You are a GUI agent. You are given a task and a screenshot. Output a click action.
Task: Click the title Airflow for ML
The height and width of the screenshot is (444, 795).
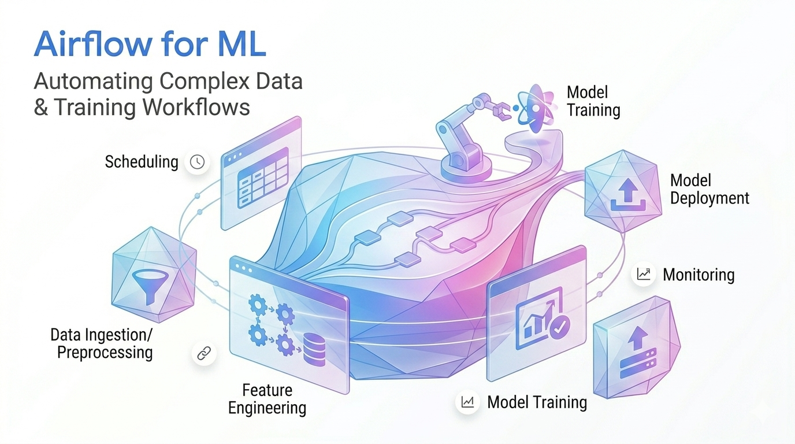(150, 45)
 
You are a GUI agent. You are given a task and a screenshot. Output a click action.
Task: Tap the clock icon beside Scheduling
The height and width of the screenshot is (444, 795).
(197, 162)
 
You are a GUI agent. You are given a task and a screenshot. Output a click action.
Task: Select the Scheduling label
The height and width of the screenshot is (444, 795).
(142, 162)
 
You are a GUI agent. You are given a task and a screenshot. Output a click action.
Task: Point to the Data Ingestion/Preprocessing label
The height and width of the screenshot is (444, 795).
(102, 343)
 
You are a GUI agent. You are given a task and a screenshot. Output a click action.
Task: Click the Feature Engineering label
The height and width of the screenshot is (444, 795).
(267, 399)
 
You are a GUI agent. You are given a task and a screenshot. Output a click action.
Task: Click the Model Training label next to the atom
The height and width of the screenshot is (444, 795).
(593, 101)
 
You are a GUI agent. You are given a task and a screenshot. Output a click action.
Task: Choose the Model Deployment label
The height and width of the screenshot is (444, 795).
(709, 189)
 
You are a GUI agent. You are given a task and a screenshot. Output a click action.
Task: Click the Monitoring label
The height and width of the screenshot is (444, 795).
(699, 275)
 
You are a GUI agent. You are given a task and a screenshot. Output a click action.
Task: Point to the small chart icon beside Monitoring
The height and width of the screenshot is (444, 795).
(644, 275)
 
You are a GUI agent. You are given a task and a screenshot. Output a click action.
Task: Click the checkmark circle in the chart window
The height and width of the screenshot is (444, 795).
(559, 327)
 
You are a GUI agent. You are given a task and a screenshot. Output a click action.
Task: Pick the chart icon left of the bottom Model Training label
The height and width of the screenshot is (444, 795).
(467, 402)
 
